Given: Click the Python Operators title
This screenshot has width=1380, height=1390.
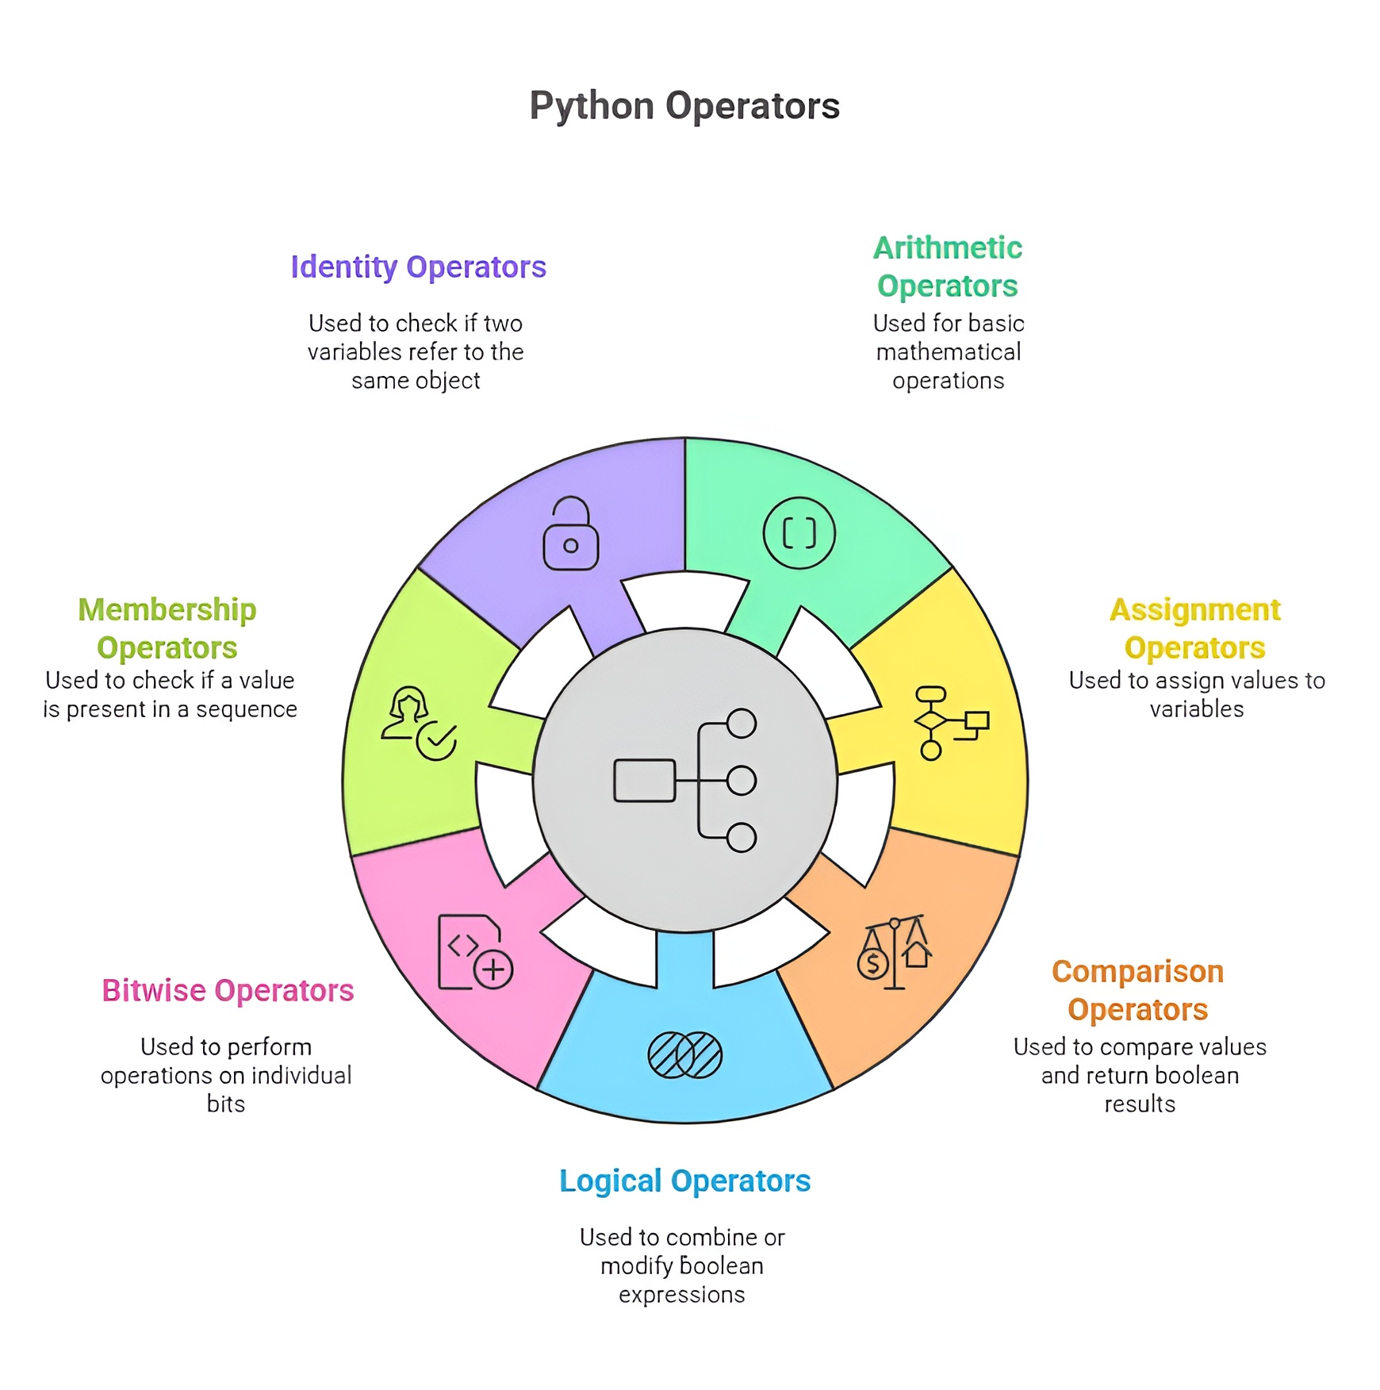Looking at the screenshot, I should [684, 106].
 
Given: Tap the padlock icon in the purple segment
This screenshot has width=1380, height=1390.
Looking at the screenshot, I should [570, 534].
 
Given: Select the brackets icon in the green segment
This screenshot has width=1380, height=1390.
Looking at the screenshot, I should [799, 533].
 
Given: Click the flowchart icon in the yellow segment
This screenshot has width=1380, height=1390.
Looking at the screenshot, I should [950, 723].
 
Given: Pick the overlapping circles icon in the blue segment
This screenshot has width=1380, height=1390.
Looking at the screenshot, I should [685, 1054].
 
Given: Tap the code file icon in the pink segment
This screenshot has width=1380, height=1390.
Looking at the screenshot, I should [474, 952].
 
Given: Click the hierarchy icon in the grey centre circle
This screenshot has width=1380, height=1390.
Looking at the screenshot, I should [685, 781].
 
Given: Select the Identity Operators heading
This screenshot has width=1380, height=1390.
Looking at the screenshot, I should [418, 267].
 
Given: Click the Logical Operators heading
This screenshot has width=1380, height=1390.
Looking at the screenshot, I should [684, 1181].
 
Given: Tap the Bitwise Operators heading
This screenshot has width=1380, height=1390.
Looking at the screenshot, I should [228, 991].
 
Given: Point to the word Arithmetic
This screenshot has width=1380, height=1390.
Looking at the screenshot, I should [948, 248].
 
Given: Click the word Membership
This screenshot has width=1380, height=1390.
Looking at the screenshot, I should [167, 610].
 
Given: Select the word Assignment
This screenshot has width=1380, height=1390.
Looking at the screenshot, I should [1195, 610].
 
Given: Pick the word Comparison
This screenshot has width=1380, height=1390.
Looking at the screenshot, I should [1138, 972].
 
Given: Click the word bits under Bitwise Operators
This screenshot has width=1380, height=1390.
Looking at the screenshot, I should [226, 1104].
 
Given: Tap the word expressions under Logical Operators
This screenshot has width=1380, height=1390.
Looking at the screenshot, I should [682, 1294].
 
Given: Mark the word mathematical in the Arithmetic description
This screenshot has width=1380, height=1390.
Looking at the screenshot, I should [949, 351].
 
